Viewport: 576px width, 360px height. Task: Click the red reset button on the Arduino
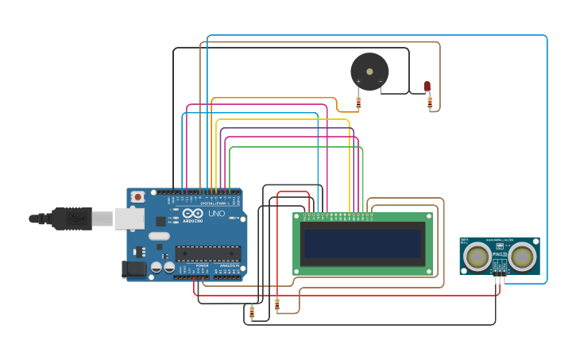click(137, 196)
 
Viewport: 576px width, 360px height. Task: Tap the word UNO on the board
click(217, 214)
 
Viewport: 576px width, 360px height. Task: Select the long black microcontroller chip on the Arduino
click(208, 254)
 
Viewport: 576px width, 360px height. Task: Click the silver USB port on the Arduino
click(130, 219)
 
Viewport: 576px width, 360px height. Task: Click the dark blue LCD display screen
click(362, 244)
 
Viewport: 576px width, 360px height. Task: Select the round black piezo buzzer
click(369, 72)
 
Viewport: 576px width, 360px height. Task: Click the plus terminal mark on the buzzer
click(358, 81)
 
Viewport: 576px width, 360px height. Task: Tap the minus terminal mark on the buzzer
click(381, 81)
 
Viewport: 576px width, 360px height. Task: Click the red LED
click(427, 86)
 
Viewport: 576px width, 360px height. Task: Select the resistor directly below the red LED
click(430, 103)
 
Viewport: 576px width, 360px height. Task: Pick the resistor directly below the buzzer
click(358, 102)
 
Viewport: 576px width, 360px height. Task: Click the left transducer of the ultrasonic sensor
click(477, 256)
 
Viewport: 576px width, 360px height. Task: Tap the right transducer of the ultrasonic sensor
click(522, 256)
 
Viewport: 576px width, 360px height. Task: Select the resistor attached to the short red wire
click(277, 304)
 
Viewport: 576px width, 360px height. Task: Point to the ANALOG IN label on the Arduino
click(229, 265)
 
